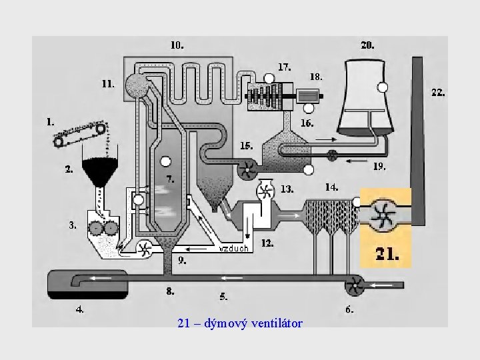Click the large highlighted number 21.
387,253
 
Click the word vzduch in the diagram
233,249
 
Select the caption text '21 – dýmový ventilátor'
240,324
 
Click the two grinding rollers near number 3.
103,229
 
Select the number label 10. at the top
177,45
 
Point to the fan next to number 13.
265,191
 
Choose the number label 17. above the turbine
285,67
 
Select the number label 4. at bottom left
79,309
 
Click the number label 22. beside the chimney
438,93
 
